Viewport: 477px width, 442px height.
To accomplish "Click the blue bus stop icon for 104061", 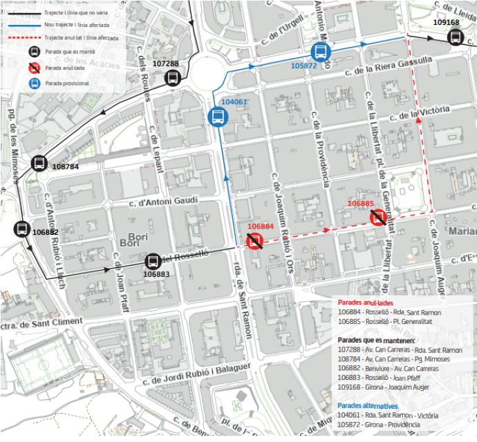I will [216, 117].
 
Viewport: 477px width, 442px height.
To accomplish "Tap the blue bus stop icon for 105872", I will [321, 51].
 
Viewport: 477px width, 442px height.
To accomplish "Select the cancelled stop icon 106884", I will [255, 240].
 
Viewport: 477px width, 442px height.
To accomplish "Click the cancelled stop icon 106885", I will [378, 218].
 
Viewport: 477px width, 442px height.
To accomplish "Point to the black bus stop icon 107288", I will [172, 77].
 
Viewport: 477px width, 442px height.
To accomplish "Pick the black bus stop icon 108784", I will [39, 164].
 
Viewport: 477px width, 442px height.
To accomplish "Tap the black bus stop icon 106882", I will [21, 229].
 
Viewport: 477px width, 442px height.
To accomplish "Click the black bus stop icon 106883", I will [153, 261].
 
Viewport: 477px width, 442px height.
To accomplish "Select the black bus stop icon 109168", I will [454, 37].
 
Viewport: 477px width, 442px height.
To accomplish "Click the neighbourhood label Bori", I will [130, 243].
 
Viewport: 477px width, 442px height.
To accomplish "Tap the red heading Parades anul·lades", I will [366, 302].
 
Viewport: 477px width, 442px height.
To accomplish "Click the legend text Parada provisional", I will [68, 84].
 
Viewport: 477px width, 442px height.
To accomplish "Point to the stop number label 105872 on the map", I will [303, 66].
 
